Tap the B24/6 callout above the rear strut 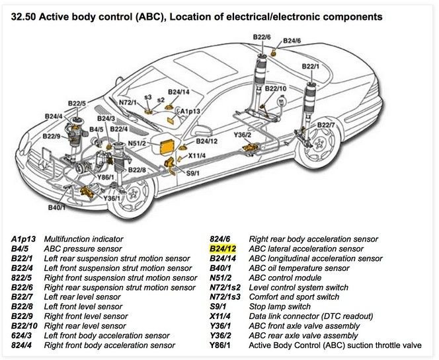point(292,41)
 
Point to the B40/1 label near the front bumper point(58,207)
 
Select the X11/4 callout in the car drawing point(196,156)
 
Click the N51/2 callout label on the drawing point(136,143)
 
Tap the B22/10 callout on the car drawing point(275,88)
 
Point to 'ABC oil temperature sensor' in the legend point(299,268)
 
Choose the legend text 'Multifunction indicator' point(87,238)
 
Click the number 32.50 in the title point(25,15)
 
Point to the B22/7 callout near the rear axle point(325,124)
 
